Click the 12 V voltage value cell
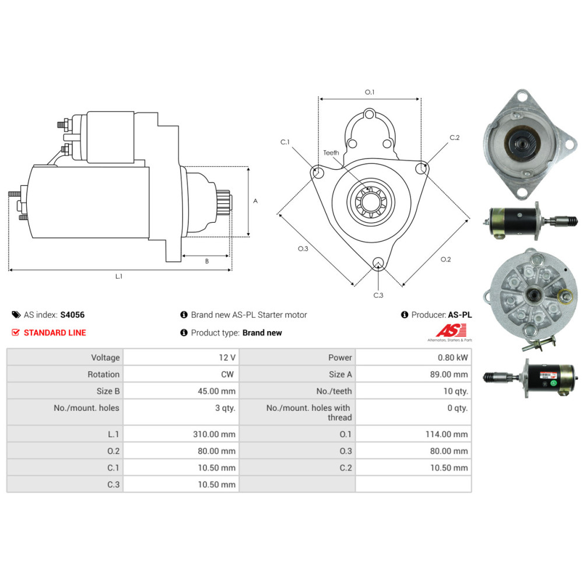[x=227, y=358]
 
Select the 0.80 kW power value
[x=452, y=358]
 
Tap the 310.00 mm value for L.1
[x=214, y=434]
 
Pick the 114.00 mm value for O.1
[x=447, y=434]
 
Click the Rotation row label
[x=103, y=374]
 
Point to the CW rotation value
[x=227, y=374]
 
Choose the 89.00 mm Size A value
[x=449, y=374]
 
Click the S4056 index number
[x=72, y=315]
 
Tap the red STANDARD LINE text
[x=55, y=333]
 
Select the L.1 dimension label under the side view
[x=118, y=276]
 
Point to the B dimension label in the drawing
[x=207, y=261]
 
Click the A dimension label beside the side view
[x=255, y=201]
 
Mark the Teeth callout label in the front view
[x=331, y=153]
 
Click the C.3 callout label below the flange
[x=378, y=295]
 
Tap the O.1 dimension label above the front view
[x=370, y=92]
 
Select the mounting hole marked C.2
[x=422, y=168]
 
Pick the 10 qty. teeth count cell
[x=455, y=391]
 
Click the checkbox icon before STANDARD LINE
[x=16, y=332]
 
